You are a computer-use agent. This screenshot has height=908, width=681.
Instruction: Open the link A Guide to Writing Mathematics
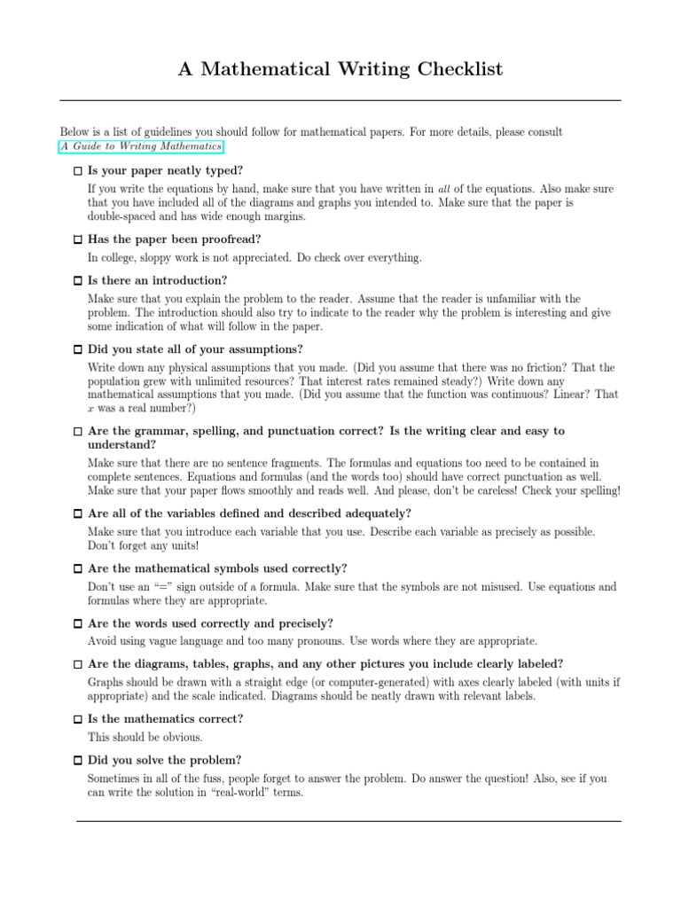(x=141, y=146)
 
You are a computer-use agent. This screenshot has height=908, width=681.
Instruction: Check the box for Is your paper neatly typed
(x=77, y=169)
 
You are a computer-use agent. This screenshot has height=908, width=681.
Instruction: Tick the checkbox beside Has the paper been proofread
(x=77, y=239)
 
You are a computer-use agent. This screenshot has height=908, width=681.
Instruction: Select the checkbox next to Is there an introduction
(x=77, y=280)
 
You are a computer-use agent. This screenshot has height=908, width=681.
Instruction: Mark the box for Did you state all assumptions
(x=77, y=348)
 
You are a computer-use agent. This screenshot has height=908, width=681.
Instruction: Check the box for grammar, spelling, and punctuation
(x=77, y=431)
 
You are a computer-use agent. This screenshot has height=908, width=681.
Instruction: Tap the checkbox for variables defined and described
(x=77, y=513)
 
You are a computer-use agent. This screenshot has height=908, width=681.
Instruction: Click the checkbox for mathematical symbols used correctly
(x=77, y=568)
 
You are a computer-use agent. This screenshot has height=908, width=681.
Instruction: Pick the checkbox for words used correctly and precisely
(x=77, y=623)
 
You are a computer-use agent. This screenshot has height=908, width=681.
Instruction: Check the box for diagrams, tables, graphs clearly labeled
(x=77, y=664)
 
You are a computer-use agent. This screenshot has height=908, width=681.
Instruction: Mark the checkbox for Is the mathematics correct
(x=77, y=719)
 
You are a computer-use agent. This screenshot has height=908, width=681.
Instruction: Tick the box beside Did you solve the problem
(x=77, y=760)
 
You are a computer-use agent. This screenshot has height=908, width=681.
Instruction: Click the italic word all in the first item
(x=446, y=189)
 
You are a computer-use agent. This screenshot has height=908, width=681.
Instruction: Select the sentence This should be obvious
(x=145, y=737)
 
